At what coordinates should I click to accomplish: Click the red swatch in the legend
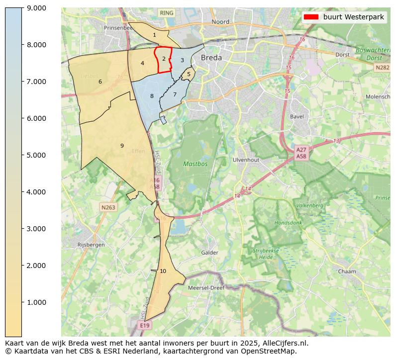tap(311, 17)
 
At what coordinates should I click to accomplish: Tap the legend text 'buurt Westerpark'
tap(353, 17)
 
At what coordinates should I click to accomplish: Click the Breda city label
tap(211, 58)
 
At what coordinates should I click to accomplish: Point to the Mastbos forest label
tap(195, 164)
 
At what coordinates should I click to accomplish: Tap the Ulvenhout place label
tap(246, 160)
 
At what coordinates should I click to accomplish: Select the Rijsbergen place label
tap(91, 245)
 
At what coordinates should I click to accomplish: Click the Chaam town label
tap(347, 271)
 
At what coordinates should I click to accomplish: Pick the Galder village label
tap(209, 253)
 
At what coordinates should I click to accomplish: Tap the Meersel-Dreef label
tap(206, 287)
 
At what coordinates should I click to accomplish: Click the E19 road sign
tap(144, 325)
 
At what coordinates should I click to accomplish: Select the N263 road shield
tap(108, 207)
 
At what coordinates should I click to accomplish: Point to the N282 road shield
tap(382, 67)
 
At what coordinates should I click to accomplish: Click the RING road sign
tap(167, 13)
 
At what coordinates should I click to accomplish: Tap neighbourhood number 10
tap(163, 271)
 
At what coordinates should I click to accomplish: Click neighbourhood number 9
tap(122, 146)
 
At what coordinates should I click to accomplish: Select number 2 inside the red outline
tap(164, 59)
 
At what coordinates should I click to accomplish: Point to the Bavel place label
tap(296, 117)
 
